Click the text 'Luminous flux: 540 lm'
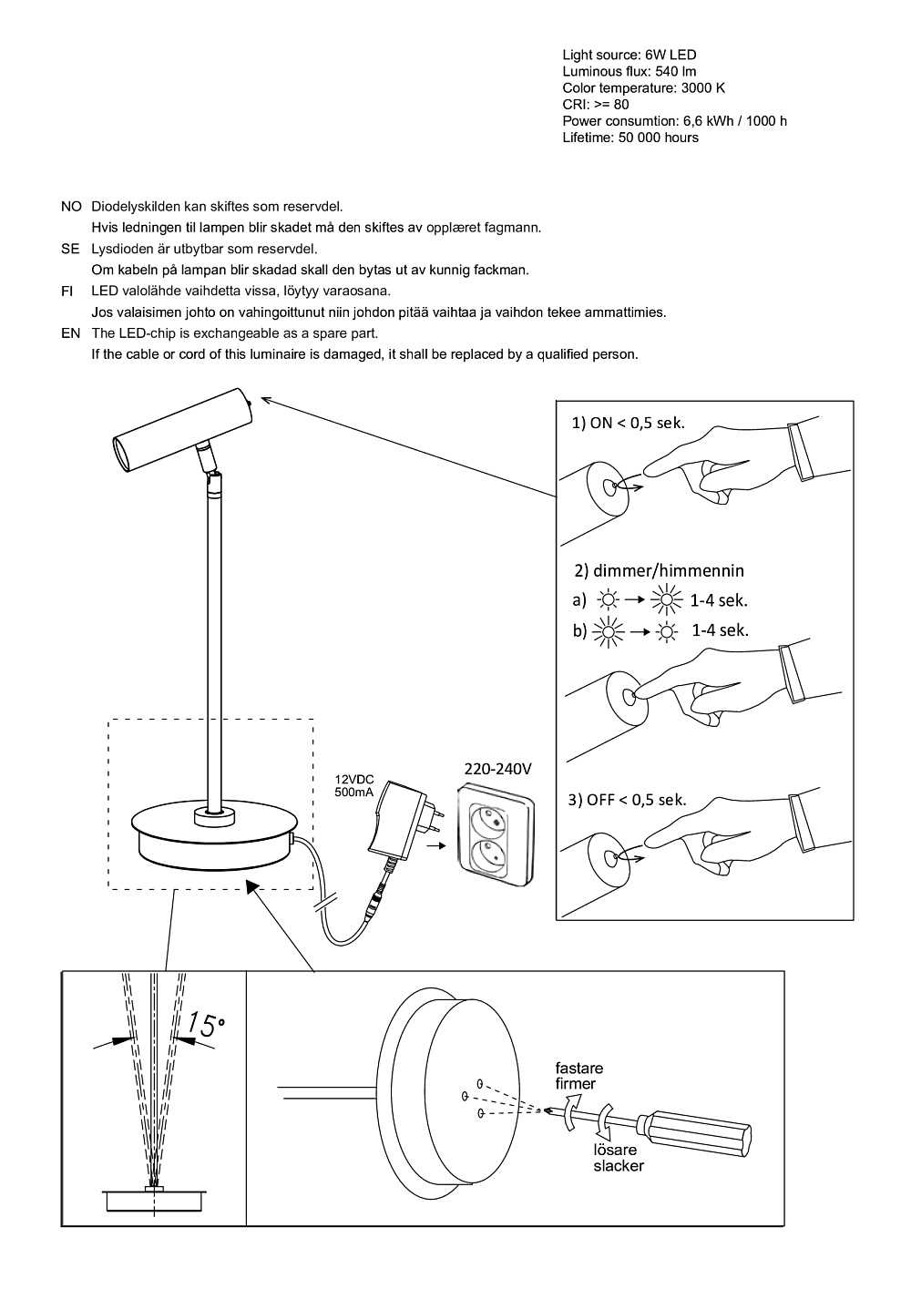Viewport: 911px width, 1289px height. pyautogui.click(x=630, y=72)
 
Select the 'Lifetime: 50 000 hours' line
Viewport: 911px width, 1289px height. pyautogui.click(x=630, y=138)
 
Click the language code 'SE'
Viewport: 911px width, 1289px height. pyautogui.click(x=70, y=249)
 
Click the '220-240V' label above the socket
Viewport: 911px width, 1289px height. pyautogui.click(x=497, y=769)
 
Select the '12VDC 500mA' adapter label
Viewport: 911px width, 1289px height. pyautogui.click(x=354, y=786)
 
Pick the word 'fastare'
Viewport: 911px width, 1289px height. pyautogui.click(x=579, y=1069)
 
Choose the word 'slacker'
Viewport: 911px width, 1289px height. pyautogui.click(x=619, y=1166)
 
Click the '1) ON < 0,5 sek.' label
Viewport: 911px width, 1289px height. pyautogui.click(x=628, y=424)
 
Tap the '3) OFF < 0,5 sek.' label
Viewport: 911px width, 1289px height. pyautogui.click(x=627, y=800)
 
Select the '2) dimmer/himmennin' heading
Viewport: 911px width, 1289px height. pyautogui.click(x=659, y=571)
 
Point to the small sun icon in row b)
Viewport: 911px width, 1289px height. pyautogui.click(x=668, y=630)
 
